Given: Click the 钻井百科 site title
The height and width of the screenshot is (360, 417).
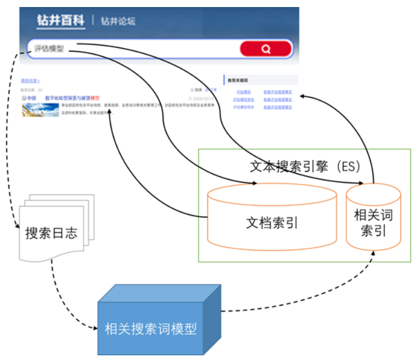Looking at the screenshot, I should [57, 20].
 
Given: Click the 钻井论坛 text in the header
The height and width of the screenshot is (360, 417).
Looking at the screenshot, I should [118, 22].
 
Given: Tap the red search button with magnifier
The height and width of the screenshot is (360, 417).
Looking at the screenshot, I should [266, 49].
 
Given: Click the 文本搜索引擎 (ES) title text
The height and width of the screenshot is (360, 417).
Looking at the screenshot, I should [304, 166].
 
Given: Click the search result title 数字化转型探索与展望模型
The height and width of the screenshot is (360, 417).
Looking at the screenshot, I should [73, 98].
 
